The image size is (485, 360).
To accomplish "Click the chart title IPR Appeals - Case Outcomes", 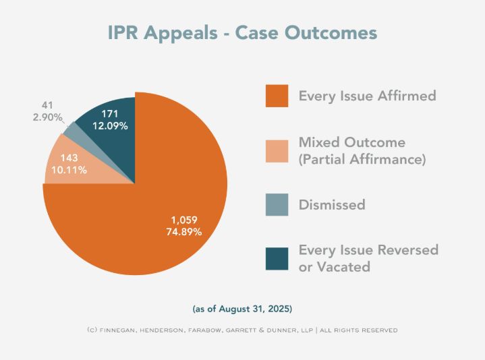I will tap(242, 33).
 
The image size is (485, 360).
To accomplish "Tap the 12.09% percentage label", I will tap(111, 126).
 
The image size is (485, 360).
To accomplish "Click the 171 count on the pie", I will tap(111, 113).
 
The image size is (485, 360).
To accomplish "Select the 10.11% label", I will tap(69, 170).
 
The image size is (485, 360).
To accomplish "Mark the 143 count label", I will tap(69, 157).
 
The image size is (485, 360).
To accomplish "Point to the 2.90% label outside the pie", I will tap(48, 117).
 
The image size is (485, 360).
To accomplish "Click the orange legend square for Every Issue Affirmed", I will tap(276, 96).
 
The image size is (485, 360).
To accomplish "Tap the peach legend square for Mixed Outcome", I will tap(276, 150).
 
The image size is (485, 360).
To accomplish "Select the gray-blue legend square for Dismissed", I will tap(276, 204).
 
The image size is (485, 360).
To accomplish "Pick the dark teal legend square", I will tap(276, 258).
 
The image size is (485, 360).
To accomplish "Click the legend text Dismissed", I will tap(331, 204).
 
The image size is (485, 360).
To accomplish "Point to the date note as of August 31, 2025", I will tap(242, 309).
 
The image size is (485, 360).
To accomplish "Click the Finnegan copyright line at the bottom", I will tap(242, 330).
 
